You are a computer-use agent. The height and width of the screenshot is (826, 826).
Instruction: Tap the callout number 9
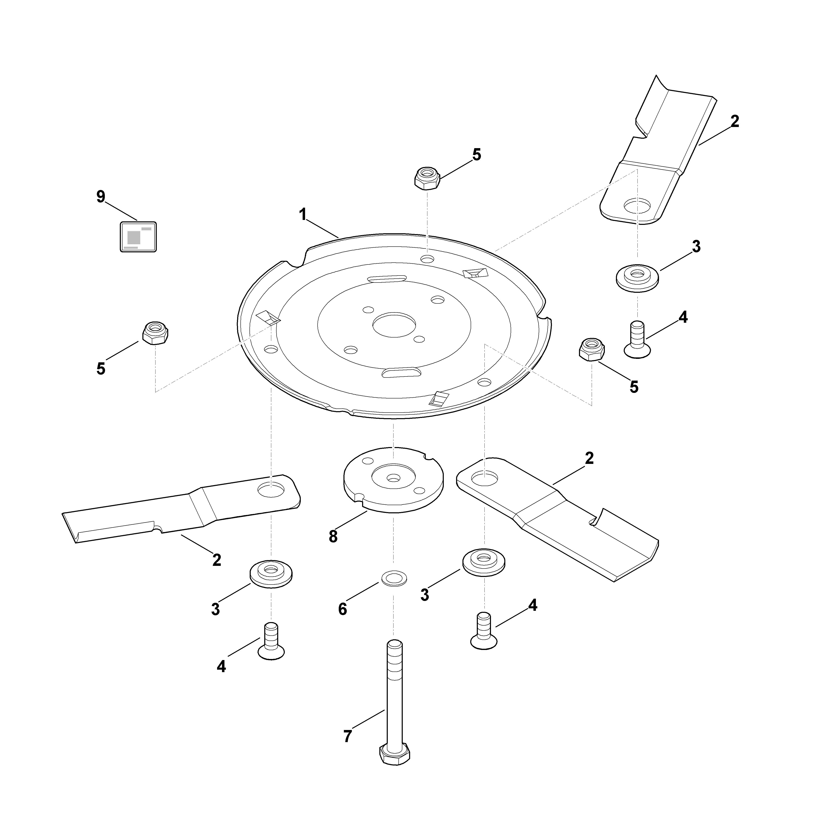tap(101, 197)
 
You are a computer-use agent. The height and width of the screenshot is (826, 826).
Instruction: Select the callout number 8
tap(333, 537)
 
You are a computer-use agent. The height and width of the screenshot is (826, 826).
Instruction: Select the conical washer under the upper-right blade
tap(637, 278)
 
